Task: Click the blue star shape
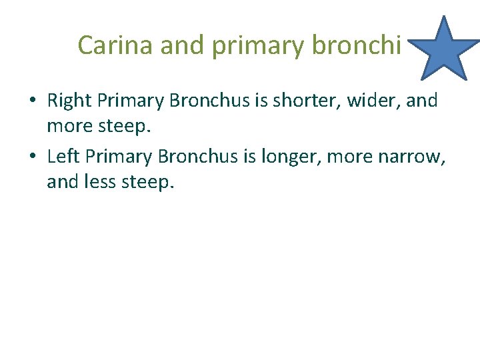point(443,49)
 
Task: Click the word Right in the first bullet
point(69,101)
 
